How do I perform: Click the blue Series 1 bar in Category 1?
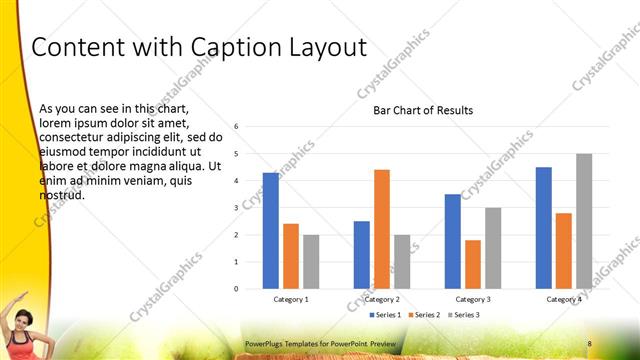pyautogui.click(x=271, y=231)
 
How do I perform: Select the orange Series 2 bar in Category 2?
pyautogui.click(x=382, y=229)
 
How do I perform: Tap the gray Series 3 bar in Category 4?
pyautogui.click(x=584, y=221)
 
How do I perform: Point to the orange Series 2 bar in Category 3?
pyautogui.click(x=473, y=264)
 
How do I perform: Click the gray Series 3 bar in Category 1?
pyautogui.click(x=311, y=262)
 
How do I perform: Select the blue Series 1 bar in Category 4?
pyautogui.click(x=544, y=228)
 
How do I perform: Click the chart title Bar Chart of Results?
pyautogui.click(x=423, y=110)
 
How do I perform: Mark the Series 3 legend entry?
pyautogui.click(x=465, y=315)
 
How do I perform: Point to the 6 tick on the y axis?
pyautogui.click(x=236, y=127)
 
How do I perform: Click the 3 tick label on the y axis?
pyautogui.click(x=236, y=208)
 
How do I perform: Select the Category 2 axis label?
pyautogui.click(x=382, y=299)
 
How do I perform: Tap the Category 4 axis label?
pyautogui.click(x=564, y=299)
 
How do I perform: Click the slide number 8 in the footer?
pyautogui.click(x=590, y=344)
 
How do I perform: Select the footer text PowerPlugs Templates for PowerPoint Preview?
pyautogui.click(x=320, y=344)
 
